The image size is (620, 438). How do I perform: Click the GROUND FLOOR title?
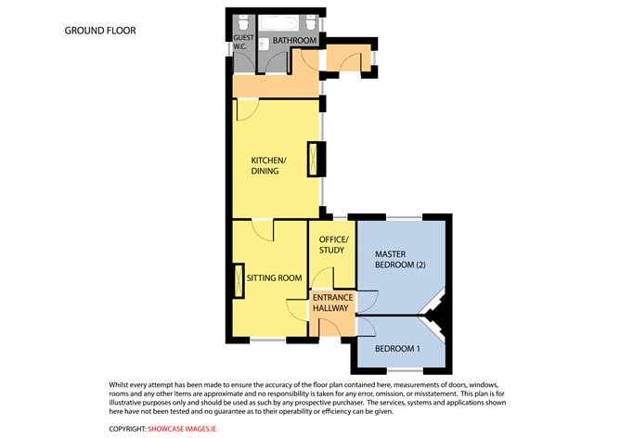pos(100,31)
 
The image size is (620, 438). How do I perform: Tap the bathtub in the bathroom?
pos(279,23)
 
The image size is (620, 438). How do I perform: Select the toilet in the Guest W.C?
pos(243,21)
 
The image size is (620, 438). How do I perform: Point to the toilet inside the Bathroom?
pos(311,21)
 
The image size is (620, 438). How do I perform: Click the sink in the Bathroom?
pos(265,45)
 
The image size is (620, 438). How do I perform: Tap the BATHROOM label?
pos(294,40)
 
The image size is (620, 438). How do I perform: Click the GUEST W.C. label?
pos(243,42)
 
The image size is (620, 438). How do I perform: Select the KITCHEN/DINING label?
pos(268,165)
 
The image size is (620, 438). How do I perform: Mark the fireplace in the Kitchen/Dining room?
pos(313,159)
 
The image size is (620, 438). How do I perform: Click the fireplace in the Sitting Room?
pos(239,281)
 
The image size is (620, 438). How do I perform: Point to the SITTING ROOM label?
pos(274,277)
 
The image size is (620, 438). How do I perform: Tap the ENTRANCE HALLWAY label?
pos(332,303)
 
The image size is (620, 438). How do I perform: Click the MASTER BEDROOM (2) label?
pos(400,259)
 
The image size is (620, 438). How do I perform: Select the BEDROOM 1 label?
pos(397,349)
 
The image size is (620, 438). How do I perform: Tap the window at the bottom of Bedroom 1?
pos(405,370)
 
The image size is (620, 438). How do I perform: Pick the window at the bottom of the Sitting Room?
pos(268,340)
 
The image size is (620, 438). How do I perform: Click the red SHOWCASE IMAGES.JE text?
pos(182,429)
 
